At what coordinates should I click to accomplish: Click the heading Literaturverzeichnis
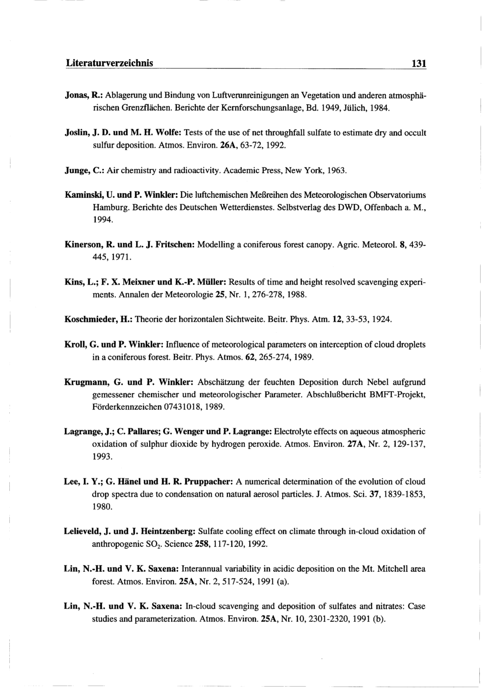click(x=109, y=63)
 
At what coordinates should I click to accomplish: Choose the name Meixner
click(x=136, y=283)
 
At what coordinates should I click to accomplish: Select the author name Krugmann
click(x=85, y=382)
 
